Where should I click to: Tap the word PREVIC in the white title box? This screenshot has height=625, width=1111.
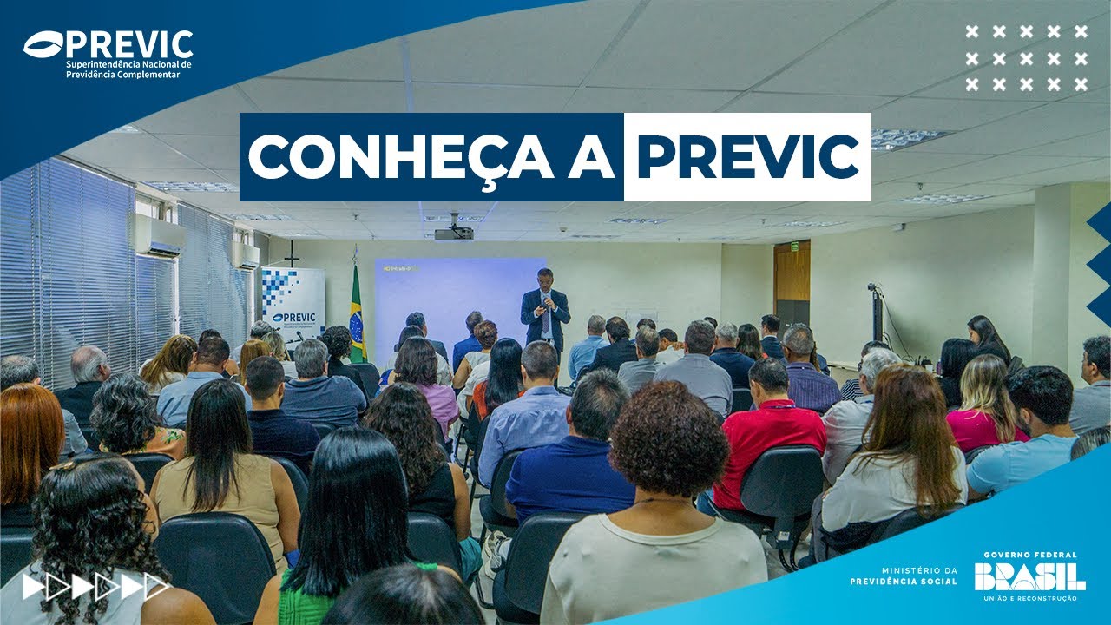(x=747, y=157)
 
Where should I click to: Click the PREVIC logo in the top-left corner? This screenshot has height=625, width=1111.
(x=108, y=54)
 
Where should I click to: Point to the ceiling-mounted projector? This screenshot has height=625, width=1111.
(x=454, y=232)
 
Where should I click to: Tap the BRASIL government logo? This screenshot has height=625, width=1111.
(x=1029, y=576)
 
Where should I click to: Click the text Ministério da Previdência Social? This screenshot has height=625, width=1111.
(x=905, y=576)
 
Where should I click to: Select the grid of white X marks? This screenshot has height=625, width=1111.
(x=1026, y=58)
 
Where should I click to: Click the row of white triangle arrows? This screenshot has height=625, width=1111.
(x=95, y=588)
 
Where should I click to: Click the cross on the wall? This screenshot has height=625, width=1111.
(x=293, y=253)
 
